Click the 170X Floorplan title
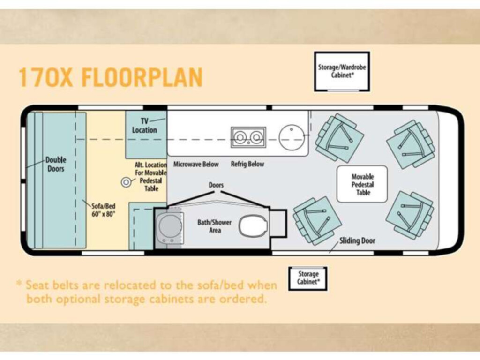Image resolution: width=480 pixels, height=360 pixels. (111, 77)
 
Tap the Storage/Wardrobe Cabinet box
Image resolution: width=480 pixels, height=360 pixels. (342, 71)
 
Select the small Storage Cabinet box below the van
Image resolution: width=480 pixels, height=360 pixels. (308, 278)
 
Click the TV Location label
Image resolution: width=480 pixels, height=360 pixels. (144, 126)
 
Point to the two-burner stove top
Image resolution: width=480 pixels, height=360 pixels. (248, 137)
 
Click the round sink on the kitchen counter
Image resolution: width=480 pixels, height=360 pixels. (292, 137)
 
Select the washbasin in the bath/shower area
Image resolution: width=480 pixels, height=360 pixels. (170, 227)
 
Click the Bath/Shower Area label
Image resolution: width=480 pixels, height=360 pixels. (214, 226)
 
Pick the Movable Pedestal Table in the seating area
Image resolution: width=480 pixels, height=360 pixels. (362, 184)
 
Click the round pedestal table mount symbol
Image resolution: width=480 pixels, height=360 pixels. (126, 182)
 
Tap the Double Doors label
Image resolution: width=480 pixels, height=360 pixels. (56, 164)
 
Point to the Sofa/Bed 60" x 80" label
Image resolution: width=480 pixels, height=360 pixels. (104, 210)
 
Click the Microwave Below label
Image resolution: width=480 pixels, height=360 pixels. (196, 164)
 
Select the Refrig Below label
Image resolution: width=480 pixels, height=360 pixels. (247, 164)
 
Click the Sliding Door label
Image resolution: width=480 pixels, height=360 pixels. (357, 240)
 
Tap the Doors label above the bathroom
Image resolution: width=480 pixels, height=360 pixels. (216, 185)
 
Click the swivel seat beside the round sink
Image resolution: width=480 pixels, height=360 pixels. (339, 138)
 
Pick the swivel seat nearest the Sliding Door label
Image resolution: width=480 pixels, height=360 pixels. (317, 220)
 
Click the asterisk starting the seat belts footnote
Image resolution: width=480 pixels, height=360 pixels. (19, 284)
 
